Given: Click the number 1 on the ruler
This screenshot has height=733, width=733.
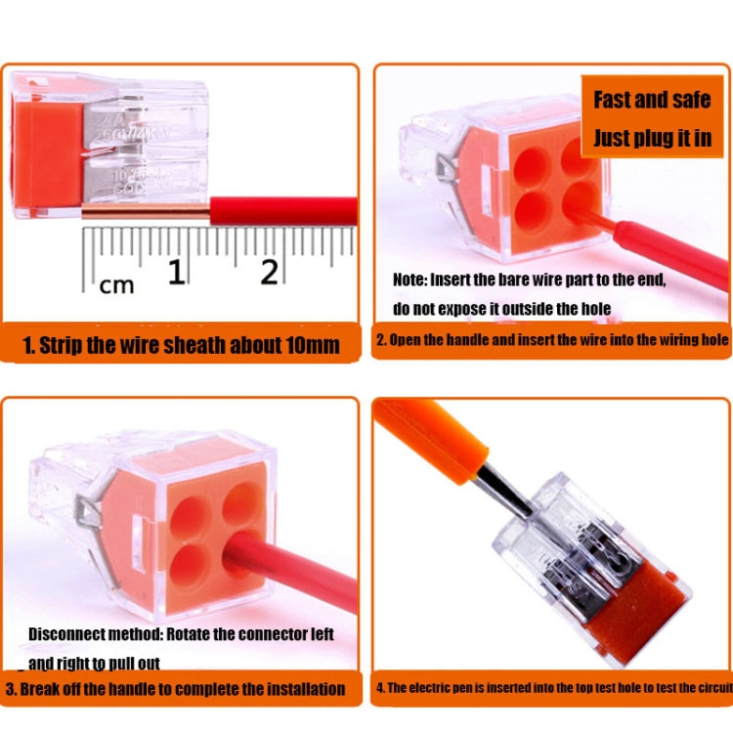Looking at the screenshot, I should pyautogui.click(x=176, y=272).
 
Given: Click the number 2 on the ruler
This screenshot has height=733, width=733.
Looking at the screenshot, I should pyautogui.click(x=269, y=272).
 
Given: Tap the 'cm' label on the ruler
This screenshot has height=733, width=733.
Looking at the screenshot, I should pyautogui.click(x=117, y=284).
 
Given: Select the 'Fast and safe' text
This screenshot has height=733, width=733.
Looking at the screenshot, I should pyautogui.click(x=652, y=100).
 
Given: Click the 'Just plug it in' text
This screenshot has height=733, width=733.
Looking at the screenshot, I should pyautogui.click(x=652, y=137).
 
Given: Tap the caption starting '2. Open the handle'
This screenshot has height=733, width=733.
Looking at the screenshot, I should pyautogui.click(x=552, y=340).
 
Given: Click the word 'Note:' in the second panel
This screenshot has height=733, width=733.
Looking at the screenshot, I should pyautogui.click(x=410, y=280).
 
